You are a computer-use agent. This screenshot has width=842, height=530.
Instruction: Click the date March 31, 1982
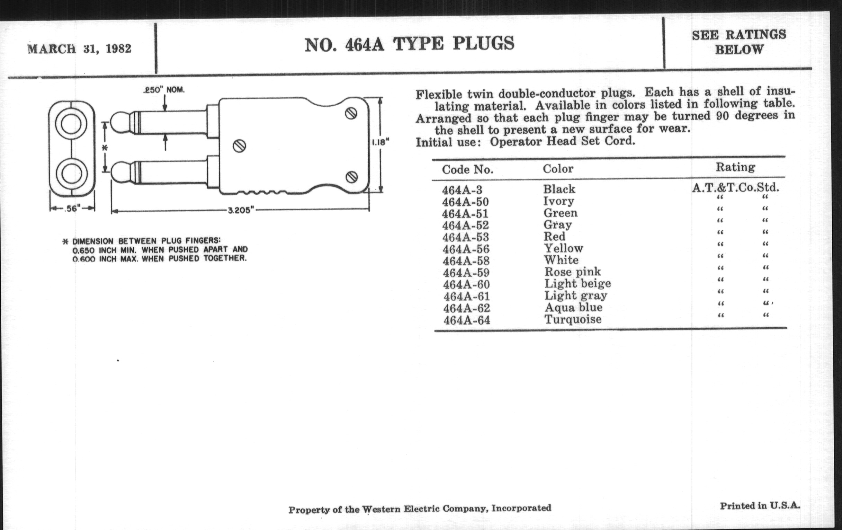[79, 48]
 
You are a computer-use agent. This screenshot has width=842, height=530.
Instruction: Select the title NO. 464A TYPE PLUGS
[409, 44]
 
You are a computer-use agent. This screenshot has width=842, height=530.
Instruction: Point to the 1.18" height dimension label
[380, 142]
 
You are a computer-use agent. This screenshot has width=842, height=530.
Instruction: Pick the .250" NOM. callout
[164, 90]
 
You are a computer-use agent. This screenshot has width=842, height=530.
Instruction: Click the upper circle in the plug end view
[71, 124]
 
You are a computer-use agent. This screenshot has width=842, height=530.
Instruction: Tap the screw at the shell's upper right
[351, 113]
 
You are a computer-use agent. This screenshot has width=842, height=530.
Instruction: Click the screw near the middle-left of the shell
[240, 146]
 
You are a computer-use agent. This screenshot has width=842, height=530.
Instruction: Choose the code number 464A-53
[465, 237]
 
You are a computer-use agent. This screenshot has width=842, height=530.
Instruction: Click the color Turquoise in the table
[573, 319]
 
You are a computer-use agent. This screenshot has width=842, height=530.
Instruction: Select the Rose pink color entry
[572, 272]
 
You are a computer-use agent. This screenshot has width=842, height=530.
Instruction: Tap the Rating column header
[735, 167]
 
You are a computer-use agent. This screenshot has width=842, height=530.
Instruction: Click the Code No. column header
[467, 170]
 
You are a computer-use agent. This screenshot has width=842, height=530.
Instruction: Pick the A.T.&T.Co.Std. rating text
[736, 188]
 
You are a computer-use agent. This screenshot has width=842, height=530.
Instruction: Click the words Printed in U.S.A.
[760, 505]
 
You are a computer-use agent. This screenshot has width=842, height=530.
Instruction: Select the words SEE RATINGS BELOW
[739, 42]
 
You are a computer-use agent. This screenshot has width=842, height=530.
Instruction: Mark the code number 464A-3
[462, 190]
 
